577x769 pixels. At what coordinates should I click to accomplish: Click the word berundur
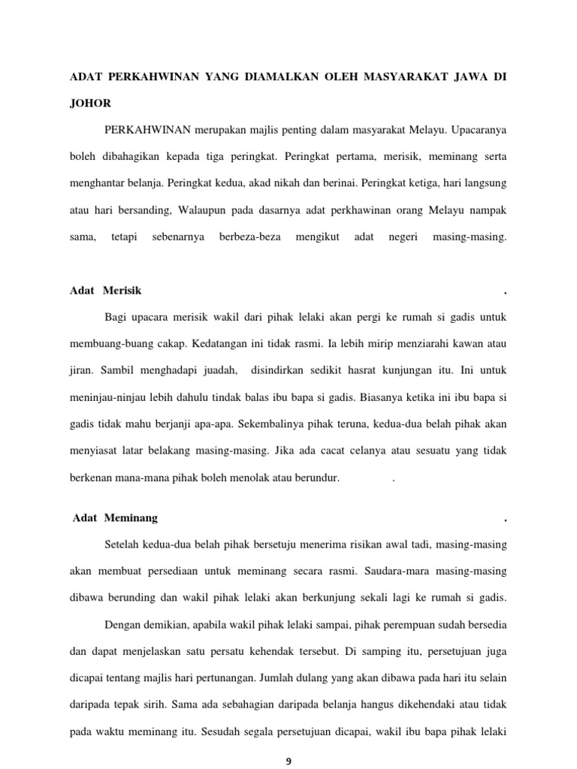click(x=319, y=478)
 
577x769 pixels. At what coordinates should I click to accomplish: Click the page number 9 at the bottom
click(x=288, y=761)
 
